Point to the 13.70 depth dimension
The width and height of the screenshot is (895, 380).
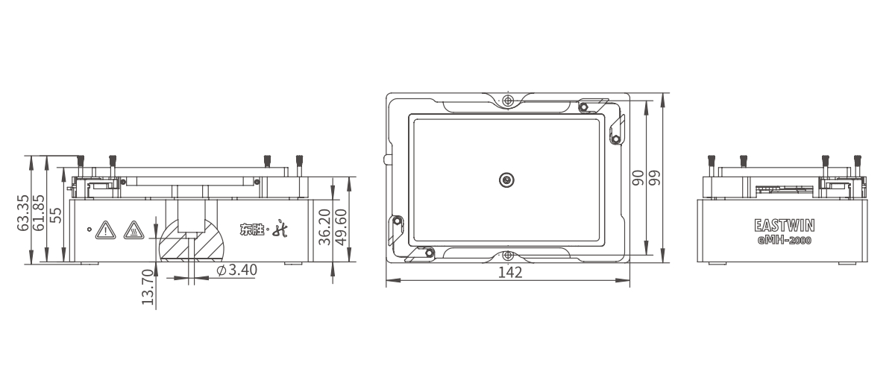point(147,288)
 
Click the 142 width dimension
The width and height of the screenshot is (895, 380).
point(509,273)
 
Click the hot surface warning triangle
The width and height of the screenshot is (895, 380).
point(133,229)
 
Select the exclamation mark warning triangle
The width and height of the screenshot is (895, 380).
point(106,229)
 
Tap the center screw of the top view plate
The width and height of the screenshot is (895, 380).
point(506,179)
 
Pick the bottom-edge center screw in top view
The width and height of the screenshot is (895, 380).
point(508,256)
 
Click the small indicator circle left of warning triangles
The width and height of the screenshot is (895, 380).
point(89,229)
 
